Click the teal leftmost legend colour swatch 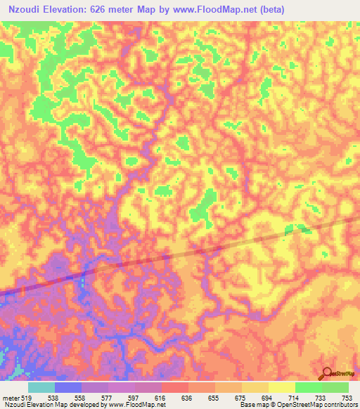point(41,387)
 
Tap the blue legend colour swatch point(68,387)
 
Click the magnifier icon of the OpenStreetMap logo point(328,373)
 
